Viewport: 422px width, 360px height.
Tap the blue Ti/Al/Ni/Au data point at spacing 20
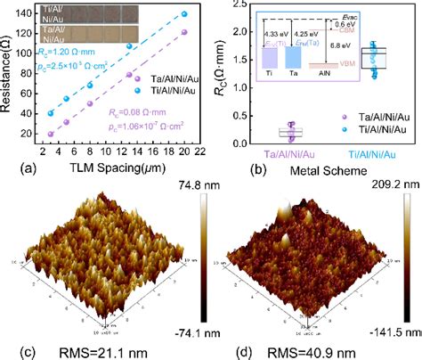tap(183, 14)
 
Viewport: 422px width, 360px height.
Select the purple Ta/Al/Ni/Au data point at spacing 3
tap(51, 134)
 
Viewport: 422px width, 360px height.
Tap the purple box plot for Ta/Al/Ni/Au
tap(265, 133)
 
